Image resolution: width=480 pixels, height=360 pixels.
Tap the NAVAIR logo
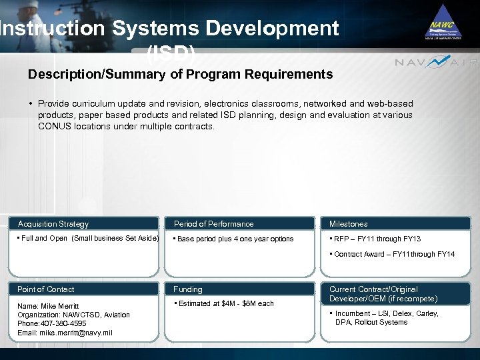point(436,63)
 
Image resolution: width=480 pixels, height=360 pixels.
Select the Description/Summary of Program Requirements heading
point(180,75)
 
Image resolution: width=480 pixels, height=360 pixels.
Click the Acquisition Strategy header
point(53,224)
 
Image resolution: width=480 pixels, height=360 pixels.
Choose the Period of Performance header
point(213,224)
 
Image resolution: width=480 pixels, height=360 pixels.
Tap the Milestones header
point(348,224)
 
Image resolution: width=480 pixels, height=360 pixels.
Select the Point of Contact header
point(46,289)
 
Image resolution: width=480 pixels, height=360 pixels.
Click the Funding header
point(188,289)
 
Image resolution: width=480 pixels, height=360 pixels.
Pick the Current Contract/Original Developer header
point(383,294)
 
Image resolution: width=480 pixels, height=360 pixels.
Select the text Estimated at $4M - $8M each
point(225,303)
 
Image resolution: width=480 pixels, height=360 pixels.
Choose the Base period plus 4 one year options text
point(235,239)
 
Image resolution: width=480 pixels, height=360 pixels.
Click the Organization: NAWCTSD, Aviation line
point(73,315)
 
